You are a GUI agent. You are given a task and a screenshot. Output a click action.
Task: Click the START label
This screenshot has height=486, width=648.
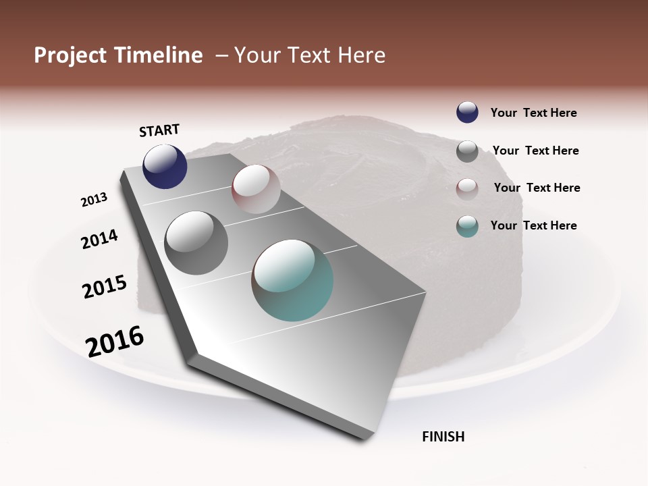[159, 130]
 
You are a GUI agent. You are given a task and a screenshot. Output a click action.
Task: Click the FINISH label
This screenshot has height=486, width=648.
[443, 437]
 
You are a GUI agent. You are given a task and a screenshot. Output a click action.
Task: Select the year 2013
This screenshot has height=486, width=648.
[94, 200]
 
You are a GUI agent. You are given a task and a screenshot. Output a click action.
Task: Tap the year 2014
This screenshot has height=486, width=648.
[99, 240]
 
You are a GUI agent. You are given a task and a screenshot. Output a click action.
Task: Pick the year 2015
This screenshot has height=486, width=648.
[105, 287]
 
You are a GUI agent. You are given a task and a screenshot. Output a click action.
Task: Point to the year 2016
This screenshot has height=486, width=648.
[115, 342]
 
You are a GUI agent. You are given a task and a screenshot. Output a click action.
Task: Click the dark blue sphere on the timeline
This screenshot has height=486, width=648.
[165, 166]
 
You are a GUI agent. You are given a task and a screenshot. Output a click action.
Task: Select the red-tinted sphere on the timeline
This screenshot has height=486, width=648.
[256, 189]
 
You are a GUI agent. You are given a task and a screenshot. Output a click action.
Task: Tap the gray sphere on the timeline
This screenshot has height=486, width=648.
[196, 243]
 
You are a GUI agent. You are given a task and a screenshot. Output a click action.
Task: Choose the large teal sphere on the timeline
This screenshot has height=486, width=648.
[292, 280]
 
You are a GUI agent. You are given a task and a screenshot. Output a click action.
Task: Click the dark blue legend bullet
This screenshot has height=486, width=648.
[467, 113]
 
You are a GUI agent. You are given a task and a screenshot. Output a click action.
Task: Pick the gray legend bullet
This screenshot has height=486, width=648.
[467, 151]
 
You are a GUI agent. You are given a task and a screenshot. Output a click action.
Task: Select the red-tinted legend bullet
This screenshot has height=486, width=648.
[467, 188]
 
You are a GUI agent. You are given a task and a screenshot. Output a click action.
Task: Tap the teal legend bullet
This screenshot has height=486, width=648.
[467, 226]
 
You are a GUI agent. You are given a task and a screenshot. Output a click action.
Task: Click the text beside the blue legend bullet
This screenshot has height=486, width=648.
[533, 113]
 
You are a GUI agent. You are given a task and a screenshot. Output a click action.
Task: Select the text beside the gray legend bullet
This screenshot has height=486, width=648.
[535, 151]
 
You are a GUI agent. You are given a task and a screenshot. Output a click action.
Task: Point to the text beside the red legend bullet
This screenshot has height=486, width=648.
[537, 188]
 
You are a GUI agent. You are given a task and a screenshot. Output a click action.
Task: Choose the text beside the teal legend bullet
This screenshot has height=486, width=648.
[533, 225]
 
